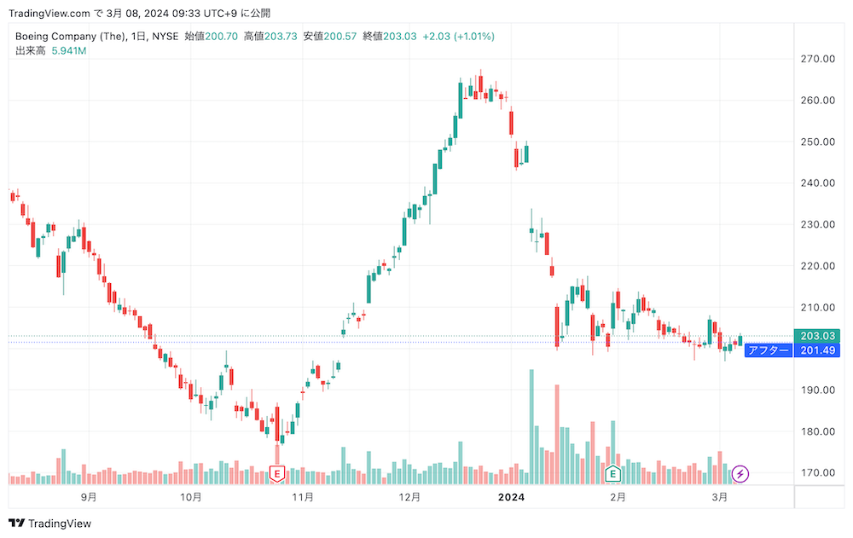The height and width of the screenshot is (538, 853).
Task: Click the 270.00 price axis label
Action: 816,59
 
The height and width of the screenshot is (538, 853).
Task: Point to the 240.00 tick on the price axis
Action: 816,182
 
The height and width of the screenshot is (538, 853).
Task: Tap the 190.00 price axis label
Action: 816,390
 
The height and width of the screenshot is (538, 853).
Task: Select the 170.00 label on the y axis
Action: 816,472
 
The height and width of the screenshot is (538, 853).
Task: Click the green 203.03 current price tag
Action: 816,336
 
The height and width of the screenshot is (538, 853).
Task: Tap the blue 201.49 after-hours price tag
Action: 816,350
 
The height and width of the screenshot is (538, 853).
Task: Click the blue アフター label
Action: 768,350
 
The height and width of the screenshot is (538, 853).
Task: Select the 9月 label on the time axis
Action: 88,496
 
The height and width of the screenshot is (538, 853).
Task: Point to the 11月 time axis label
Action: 303,496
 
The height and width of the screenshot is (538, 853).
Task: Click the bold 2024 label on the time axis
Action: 511,496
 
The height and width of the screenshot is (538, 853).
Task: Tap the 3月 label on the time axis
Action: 720,496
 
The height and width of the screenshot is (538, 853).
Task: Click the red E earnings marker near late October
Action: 276,473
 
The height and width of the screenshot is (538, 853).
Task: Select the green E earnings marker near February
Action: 612,473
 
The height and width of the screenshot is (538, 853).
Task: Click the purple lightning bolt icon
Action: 741,473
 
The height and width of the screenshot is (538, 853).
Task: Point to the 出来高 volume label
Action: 30,51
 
